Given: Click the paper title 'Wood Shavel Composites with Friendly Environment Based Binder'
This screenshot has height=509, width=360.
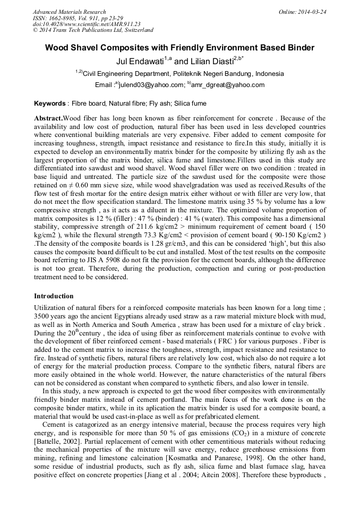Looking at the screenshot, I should click(x=179, y=48).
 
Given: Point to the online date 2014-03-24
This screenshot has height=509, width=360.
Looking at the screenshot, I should click(x=313, y=12).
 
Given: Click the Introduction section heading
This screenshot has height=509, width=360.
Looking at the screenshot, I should click(x=54, y=296).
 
